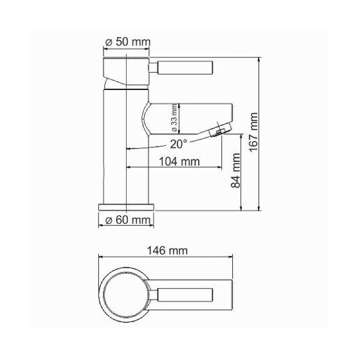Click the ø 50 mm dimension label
127,43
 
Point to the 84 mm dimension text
236,171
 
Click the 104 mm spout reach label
178,161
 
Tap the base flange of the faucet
127,206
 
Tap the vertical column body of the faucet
127,150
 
